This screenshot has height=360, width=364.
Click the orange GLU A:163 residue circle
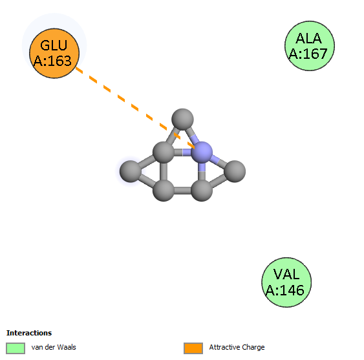click(54, 53)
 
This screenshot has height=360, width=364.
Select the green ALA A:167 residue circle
click(310, 46)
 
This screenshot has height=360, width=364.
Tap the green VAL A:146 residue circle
click(286, 282)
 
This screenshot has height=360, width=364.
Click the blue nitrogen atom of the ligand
click(202, 153)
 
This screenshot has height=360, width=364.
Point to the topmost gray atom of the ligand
click(182, 120)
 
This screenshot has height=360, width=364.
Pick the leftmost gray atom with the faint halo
click(131, 171)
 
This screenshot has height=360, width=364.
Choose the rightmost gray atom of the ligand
click(235, 171)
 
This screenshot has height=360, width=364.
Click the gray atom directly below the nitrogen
click(202, 190)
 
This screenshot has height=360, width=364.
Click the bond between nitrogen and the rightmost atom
click(219, 162)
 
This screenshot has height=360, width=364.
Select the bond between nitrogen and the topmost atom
click(192, 136)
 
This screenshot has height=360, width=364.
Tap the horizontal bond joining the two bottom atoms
click(183, 190)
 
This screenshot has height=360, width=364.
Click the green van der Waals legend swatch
click(16, 348)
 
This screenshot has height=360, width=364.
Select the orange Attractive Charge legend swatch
click(193, 348)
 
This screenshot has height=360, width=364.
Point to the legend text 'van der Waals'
click(54, 347)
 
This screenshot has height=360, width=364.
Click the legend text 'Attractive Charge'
click(237, 347)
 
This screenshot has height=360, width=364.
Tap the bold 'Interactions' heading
click(29, 333)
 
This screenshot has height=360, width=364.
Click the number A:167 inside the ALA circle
click(308, 54)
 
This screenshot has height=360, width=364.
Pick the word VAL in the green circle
click(286, 274)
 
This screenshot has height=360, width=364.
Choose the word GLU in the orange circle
click(54, 45)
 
